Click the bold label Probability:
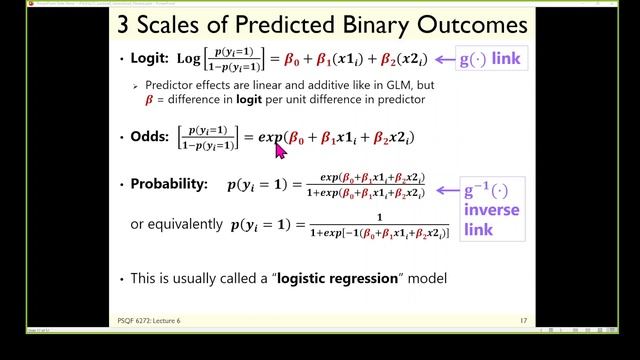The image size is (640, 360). [169, 185]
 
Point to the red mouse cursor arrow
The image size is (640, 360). [280, 150]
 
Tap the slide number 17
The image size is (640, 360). [523, 320]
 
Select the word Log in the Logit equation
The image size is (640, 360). [186, 60]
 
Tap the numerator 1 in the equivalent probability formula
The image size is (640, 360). [380, 216]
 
